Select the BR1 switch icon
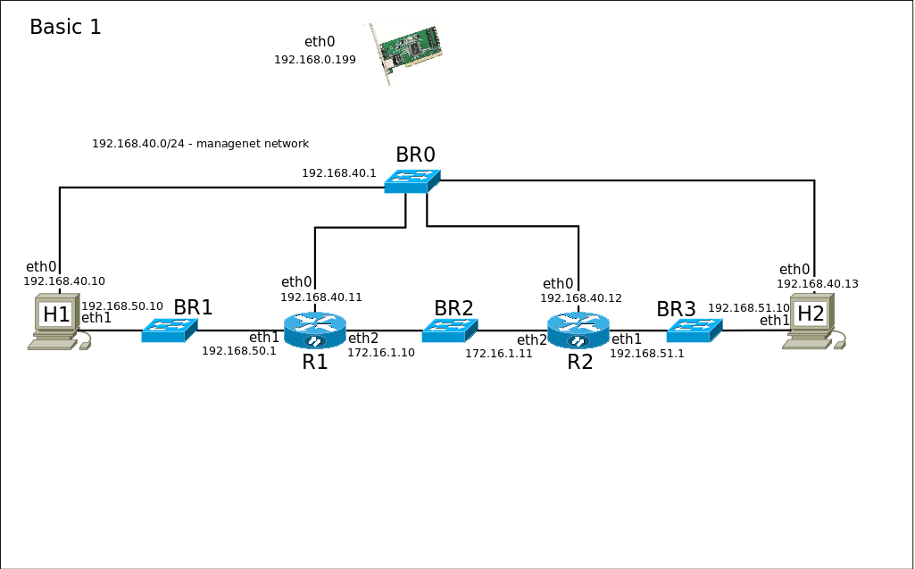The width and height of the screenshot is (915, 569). pos(169,331)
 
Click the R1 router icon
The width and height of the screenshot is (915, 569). pos(314,331)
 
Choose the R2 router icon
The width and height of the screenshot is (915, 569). pos(578,331)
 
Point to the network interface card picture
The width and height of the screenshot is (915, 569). pos(409,52)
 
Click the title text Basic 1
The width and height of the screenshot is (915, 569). pos(65,28)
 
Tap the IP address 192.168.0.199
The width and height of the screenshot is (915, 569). pos(315,60)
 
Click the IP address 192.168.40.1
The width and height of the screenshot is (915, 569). pos(339,173)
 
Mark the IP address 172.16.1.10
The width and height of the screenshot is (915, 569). pos(381,353)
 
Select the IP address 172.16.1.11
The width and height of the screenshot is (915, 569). pos(498,354)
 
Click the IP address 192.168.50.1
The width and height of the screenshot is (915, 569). pos(239,351)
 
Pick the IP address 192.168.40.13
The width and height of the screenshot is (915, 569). pos(818,284)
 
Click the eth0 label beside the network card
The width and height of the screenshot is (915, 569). pos(320,41)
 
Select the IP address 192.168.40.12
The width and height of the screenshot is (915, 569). pos(581,298)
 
